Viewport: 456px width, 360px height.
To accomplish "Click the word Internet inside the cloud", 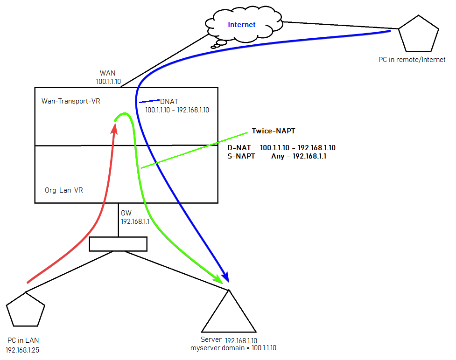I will (x=241, y=25).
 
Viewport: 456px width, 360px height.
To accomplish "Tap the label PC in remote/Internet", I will (x=412, y=60).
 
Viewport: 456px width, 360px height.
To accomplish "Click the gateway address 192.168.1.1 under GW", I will (x=135, y=222).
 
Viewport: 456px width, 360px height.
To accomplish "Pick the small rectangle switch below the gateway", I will (x=118, y=244).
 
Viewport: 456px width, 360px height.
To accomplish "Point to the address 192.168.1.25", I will (x=23, y=349).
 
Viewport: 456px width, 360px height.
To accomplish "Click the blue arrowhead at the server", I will (x=227, y=278).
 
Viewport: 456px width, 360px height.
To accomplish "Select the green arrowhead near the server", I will (x=217, y=279).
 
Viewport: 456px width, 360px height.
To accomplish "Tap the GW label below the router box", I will (x=126, y=212).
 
